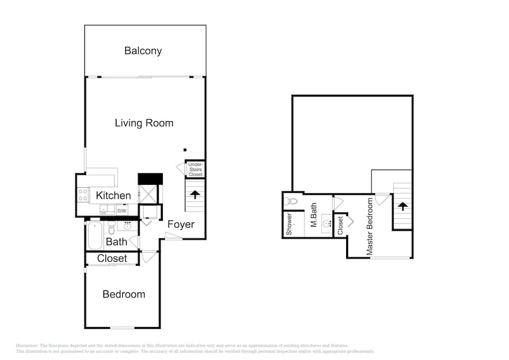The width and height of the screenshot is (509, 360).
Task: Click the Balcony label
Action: [143, 51]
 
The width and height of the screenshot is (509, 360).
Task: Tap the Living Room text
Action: [144, 123]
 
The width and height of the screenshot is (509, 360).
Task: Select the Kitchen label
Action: [114, 196]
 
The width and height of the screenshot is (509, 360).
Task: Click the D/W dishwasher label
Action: [122, 211]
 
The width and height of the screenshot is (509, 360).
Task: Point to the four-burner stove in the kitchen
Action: [83, 195]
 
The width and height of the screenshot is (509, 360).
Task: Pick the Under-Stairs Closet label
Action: [195, 170]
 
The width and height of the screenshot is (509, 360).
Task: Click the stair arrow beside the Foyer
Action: [195, 195]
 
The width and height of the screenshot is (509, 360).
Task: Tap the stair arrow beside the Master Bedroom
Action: [403, 206]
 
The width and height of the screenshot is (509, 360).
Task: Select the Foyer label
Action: [181, 225]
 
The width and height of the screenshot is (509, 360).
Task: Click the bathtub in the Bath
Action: [95, 236]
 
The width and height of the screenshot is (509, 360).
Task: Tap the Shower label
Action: [289, 225]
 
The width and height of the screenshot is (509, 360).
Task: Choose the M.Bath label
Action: [314, 215]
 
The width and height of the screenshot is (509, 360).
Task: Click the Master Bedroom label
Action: [370, 226]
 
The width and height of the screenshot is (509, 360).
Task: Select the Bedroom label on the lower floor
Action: [124, 294]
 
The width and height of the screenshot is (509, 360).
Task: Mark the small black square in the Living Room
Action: [185, 150]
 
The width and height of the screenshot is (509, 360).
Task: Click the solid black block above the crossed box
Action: [150, 179]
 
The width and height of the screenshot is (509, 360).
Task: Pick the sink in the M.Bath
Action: [327, 224]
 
